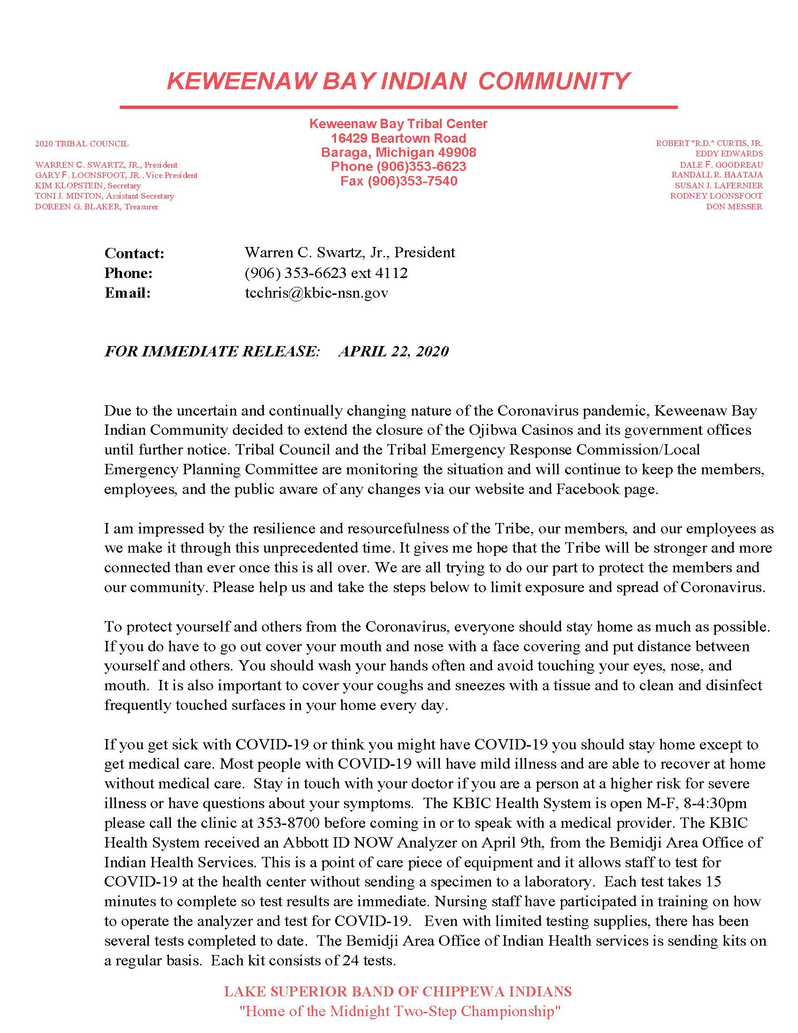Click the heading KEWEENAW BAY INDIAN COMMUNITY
[x=398, y=81]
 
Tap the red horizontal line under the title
[x=398, y=108]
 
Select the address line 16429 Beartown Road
[x=398, y=138]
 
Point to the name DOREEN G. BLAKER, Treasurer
[x=96, y=207]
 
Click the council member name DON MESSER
[x=734, y=207]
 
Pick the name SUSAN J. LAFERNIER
[x=718, y=185]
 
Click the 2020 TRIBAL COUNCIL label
[x=81, y=144]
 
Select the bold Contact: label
[x=134, y=254]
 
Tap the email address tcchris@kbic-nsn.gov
[x=316, y=293]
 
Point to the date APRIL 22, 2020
[x=393, y=351]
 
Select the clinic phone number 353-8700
[x=289, y=823]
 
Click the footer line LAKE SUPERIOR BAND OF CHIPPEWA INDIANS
[x=398, y=991]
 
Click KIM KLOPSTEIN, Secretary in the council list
[x=87, y=185]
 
